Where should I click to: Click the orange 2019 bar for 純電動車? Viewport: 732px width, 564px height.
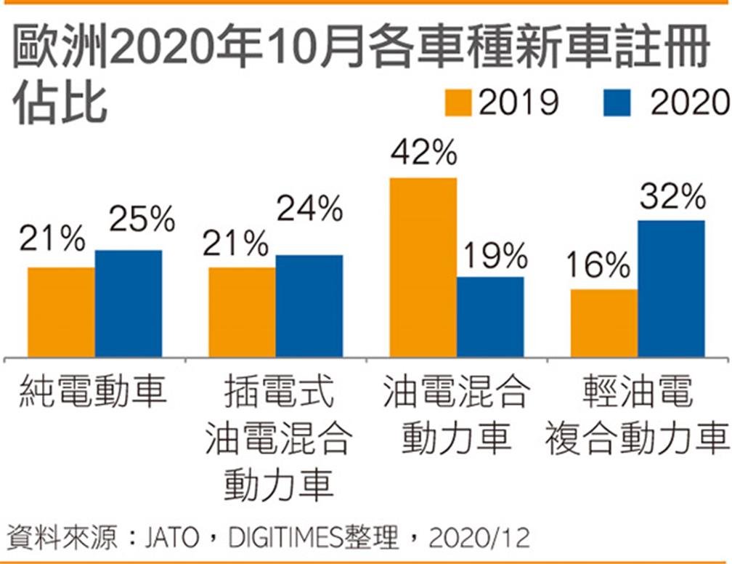coord(61,313)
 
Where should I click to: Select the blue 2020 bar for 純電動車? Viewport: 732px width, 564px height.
coord(129,304)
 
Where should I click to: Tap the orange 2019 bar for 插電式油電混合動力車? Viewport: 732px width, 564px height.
coord(242,313)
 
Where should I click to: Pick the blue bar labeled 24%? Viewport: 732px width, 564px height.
coord(309,306)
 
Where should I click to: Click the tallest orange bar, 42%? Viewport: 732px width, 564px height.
coord(423,267)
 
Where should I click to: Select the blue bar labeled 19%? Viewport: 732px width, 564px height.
coord(490,317)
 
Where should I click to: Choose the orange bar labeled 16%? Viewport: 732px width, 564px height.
coord(604,323)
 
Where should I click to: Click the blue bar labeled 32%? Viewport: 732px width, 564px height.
coord(671,289)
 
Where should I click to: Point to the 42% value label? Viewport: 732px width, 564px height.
coord(423,153)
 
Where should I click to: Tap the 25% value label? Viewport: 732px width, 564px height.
coord(142,219)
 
